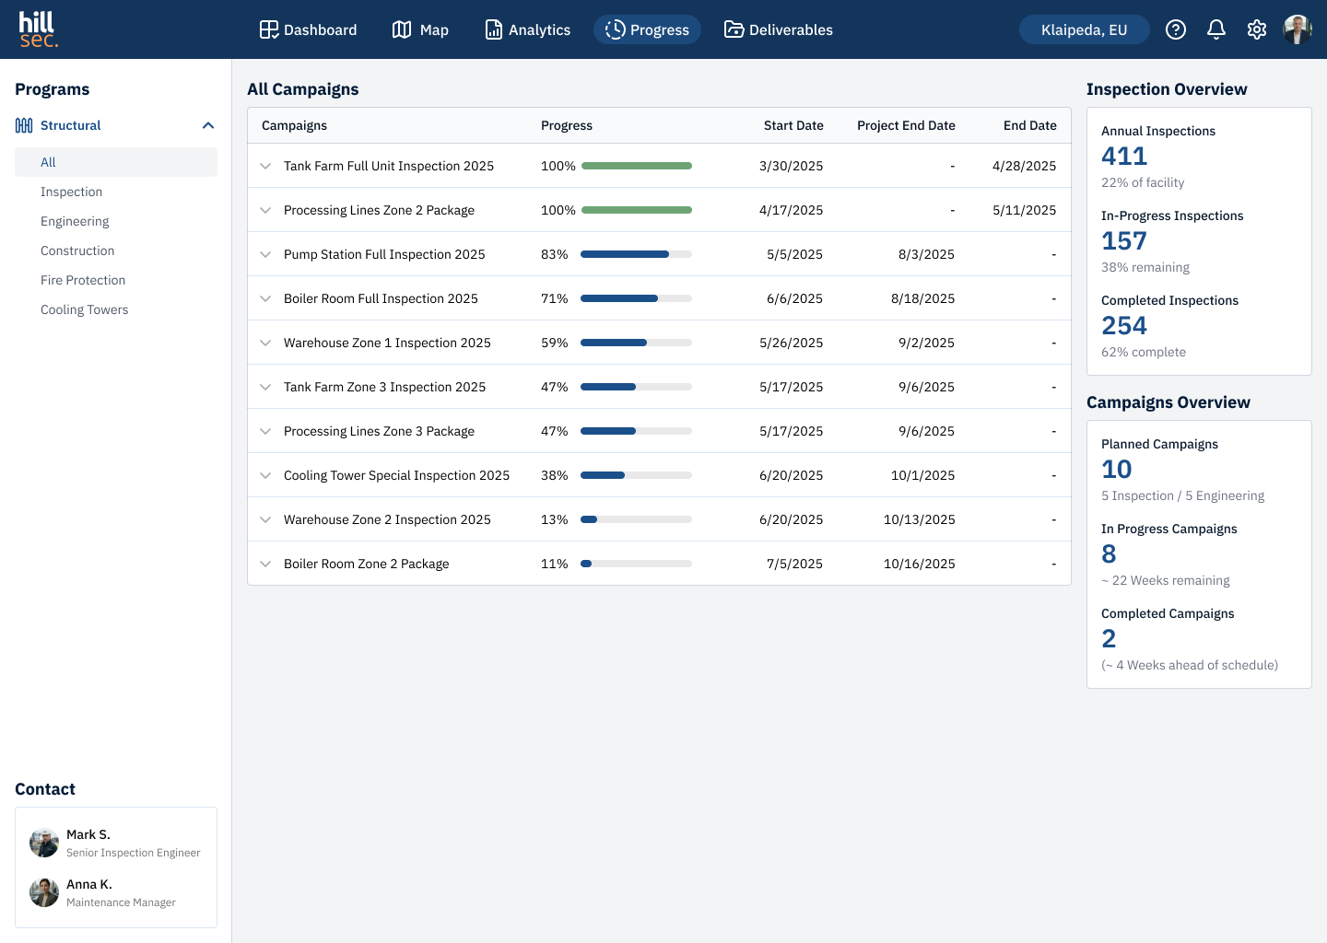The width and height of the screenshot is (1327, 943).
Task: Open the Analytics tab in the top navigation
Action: tap(527, 29)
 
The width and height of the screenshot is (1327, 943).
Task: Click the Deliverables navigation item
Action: tap(778, 29)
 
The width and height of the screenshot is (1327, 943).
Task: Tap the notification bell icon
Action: tap(1215, 29)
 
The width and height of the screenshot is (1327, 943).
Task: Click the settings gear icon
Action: tap(1257, 29)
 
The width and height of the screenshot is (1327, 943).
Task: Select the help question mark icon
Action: tap(1175, 29)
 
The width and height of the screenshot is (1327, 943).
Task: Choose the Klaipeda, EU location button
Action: tap(1084, 29)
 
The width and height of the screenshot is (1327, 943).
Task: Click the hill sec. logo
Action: tap(39, 29)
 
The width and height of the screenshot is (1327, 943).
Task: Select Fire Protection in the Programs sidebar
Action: tap(83, 280)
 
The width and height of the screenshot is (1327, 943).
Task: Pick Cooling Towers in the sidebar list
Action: tap(84, 309)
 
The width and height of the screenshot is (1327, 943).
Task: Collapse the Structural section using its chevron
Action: tap(208, 125)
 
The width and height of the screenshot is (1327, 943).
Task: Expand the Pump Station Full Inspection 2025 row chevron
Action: tap(265, 254)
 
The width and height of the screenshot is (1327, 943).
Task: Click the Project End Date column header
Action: tap(906, 125)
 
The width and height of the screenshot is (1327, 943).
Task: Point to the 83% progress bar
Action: tap(636, 254)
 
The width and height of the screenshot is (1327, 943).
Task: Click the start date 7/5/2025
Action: tap(794, 564)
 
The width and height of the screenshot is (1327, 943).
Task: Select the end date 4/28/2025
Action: tap(1025, 166)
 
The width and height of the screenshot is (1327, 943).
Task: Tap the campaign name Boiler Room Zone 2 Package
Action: tap(366, 564)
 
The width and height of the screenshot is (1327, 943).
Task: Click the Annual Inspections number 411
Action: tap(1124, 157)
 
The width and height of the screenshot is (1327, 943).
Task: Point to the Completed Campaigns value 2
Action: tap(1109, 639)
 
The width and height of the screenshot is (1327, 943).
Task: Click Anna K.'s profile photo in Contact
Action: tap(44, 892)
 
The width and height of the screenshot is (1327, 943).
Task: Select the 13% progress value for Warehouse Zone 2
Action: tap(554, 519)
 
